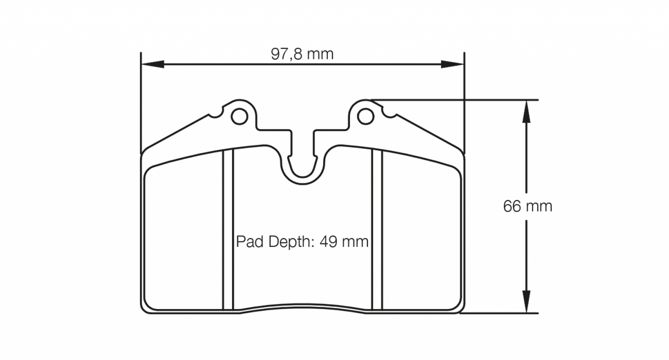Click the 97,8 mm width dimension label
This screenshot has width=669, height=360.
click(302, 54)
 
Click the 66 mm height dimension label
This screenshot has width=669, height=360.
click(527, 206)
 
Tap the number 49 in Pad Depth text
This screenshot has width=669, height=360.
click(329, 242)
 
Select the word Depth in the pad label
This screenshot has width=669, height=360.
click(287, 242)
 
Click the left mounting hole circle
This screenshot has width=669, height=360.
click(239, 117)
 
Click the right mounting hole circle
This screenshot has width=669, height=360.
click(365, 117)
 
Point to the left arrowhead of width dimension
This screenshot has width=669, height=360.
click(152, 64)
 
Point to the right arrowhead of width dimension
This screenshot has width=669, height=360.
click(452, 64)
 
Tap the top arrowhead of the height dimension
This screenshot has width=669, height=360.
click(526, 112)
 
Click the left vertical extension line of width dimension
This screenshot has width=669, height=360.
click(140, 102)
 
